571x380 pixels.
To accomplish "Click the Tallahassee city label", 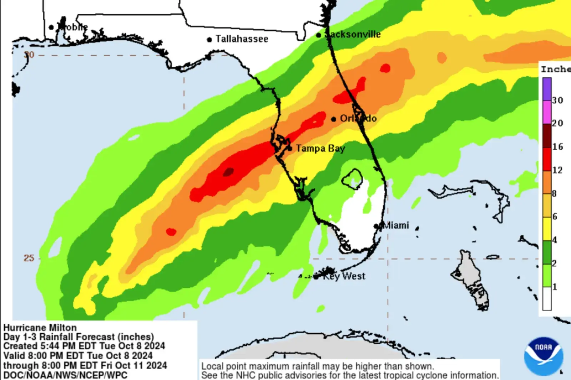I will click(x=242, y=39).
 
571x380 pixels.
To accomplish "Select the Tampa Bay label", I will click(x=320, y=148).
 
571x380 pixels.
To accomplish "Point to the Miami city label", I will click(x=395, y=225).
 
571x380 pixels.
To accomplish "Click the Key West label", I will click(x=344, y=276).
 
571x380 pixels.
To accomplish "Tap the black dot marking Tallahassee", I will click(x=209, y=40).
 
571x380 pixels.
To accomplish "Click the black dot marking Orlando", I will click(x=333, y=119).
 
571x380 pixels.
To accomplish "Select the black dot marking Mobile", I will click(x=51, y=27).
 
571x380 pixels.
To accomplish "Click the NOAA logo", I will click(x=543, y=356).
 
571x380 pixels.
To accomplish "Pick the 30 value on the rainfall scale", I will click(x=557, y=100).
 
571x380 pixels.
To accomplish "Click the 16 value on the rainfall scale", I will click(x=557, y=147).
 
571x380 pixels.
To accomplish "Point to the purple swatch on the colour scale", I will click(x=547, y=89).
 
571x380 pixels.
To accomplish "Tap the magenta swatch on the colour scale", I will click(x=547, y=112).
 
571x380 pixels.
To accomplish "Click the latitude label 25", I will click(x=29, y=258).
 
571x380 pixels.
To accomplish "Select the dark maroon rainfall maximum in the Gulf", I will click(x=228, y=172).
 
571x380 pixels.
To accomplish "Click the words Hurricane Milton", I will click(x=40, y=328).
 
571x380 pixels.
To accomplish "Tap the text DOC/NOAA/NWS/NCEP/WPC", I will click(x=65, y=375).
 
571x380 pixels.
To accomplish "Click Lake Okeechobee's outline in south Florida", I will click(x=352, y=178).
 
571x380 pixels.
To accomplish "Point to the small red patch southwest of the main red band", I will click(x=171, y=232).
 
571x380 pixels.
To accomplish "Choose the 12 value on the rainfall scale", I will click(x=557, y=170).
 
